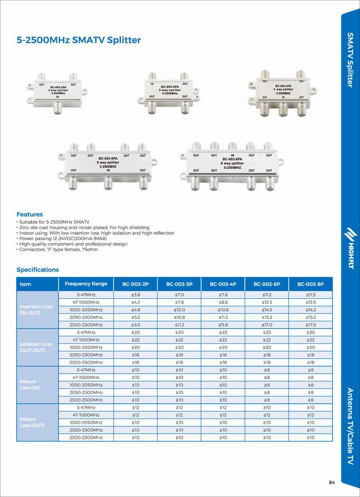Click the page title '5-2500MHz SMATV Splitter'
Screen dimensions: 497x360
click(x=79, y=40)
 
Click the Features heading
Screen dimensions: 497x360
click(x=30, y=214)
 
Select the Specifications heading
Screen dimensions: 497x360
click(x=37, y=269)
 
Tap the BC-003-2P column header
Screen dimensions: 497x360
click(x=135, y=284)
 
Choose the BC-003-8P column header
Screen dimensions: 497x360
click(x=311, y=284)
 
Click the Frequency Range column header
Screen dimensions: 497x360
click(x=86, y=284)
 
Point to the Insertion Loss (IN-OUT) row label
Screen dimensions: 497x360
click(x=36, y=309)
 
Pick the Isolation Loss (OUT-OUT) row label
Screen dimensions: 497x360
click(x=36, y=347)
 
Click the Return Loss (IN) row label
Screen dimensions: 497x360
click(x=29, y=384)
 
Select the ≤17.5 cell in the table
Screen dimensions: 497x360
click(x=311, y=325)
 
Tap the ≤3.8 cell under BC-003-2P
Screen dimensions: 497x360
click(x=135, y=294)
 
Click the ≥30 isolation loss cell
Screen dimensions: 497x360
click(x=311, y=332)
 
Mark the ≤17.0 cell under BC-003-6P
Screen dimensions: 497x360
click(x=267, y=325)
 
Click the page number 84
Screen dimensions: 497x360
click(x=332, y=483)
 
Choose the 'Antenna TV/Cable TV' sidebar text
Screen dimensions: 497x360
click(x=350, y=425)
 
